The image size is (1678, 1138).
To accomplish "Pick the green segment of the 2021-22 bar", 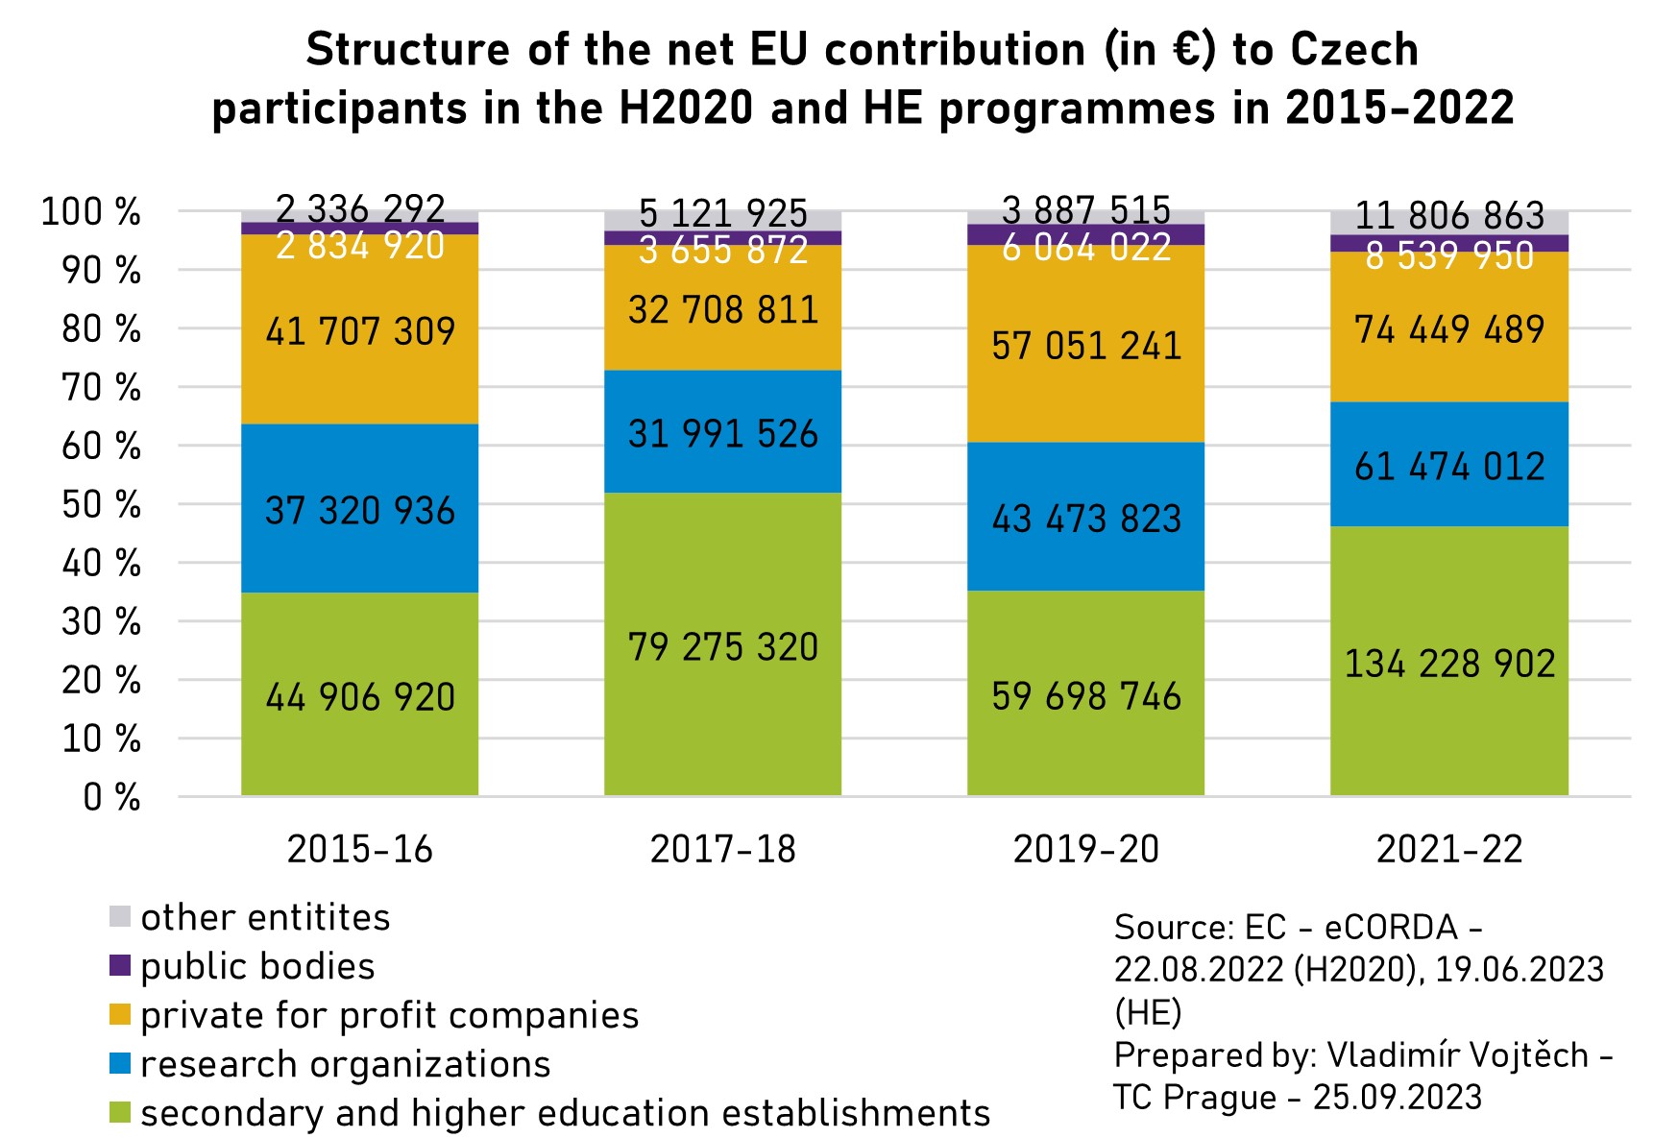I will pos(1448,739).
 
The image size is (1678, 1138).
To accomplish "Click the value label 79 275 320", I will pos(722,647).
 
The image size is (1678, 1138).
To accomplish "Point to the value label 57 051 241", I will pos(1085,346).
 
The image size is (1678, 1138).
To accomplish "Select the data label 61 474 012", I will pos(1448,467).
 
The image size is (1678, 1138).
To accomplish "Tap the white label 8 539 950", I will pos(1448,256).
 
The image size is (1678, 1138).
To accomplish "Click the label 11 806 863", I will pos(1448,215).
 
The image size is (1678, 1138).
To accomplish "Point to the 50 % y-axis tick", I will pos(102,504).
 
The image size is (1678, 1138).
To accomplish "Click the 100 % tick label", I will pos(91,211).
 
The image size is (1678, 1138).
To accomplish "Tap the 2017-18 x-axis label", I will pos(722,849).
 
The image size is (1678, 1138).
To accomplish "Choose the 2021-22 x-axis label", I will pos(1448,849).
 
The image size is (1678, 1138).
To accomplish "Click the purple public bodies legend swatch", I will pos(120,966).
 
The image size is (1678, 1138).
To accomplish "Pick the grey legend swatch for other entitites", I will pos(120,917).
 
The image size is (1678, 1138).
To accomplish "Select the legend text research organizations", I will pos(345,1064).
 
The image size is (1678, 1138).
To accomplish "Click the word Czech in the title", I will pos(1353,50).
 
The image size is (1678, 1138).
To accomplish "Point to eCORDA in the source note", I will pos(1391,927).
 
